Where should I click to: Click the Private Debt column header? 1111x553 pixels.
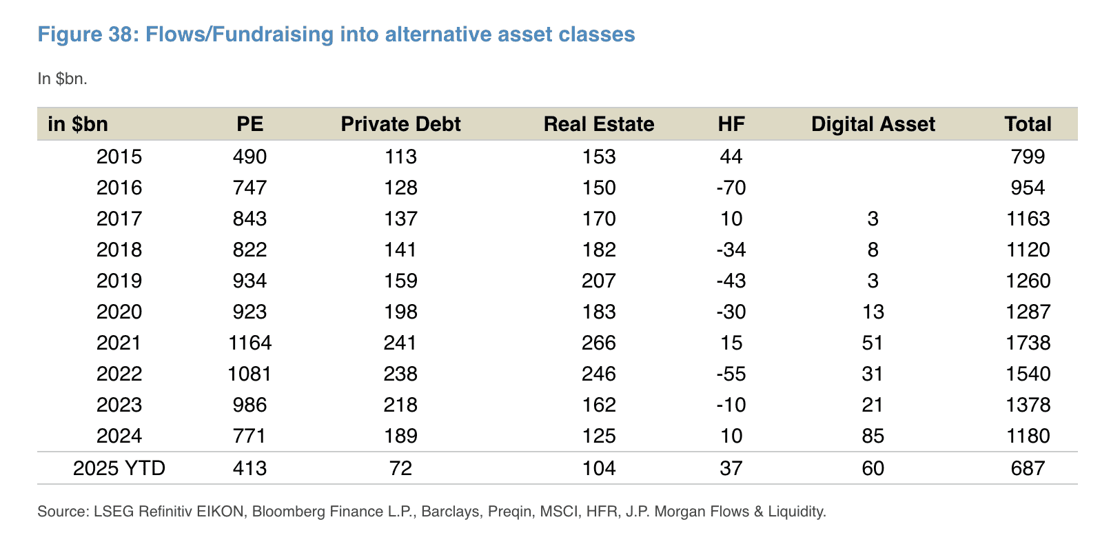[x=400, y=124]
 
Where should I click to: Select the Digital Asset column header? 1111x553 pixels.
[x=873, y=124]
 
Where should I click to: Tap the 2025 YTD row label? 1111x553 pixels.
[x=119, y=469]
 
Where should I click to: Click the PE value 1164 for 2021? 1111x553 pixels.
[x=249, y=343]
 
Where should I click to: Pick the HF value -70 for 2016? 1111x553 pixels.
[x=731, y=188]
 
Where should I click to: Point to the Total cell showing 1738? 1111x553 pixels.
[x=1028, y=343]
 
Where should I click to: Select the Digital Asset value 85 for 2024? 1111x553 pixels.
[x=873, y=436]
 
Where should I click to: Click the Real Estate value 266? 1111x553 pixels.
[x=598, y=343]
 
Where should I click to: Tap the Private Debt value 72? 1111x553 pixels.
[x=400, y=469]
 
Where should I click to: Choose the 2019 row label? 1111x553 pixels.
[x=119, y=281]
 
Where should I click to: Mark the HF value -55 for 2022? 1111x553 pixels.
[x=731, y=374]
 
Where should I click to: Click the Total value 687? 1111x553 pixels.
[x=1028, y=469]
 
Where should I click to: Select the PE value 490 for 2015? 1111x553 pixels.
[x=249, y=157]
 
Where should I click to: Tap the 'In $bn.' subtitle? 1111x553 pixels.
[x=62, y=79]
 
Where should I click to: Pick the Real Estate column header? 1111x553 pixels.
[x=598, y=124]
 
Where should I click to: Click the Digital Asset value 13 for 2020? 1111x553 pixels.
[x=873, y=312]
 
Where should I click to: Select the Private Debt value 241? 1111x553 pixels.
[x=400, y=343]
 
